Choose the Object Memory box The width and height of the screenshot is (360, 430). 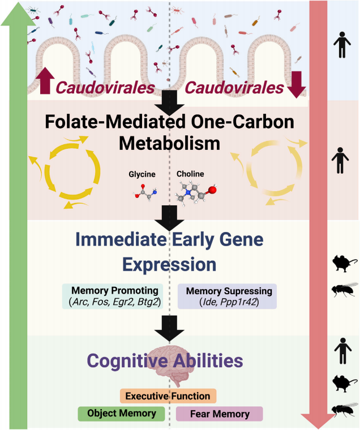coord(121,413)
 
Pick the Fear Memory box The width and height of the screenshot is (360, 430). coord(220,414)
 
